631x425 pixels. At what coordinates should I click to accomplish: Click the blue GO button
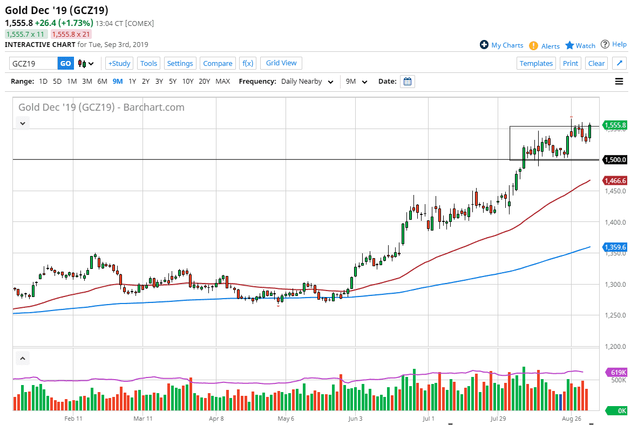[x=65, y=63]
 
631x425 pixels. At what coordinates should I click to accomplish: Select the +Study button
[x=119, y=63]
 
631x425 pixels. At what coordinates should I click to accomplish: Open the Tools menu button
[x=148, y=63]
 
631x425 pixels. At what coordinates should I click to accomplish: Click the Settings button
[x=180, y=63]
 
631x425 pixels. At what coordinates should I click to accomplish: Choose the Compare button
[x=218, y=63]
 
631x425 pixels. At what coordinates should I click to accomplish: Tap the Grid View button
[x=281, y=63]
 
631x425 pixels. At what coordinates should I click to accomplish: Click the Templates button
[x=536, y=63]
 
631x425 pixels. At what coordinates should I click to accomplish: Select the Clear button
[x=596, y=63]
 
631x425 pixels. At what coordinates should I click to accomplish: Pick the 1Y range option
[x=132, y=82]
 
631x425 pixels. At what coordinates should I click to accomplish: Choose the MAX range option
[x=222, y=82]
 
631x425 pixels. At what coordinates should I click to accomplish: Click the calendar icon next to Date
[x=408, y=82]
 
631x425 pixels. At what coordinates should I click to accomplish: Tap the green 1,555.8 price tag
[x=615, y=125]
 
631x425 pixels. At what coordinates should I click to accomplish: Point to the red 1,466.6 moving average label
[x=615, y=181]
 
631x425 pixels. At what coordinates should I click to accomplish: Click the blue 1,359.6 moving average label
[x=615, y=247]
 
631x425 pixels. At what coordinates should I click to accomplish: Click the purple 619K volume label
[x=615, y=372]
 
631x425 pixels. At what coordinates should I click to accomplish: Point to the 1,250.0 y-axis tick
[x=615, y=315]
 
